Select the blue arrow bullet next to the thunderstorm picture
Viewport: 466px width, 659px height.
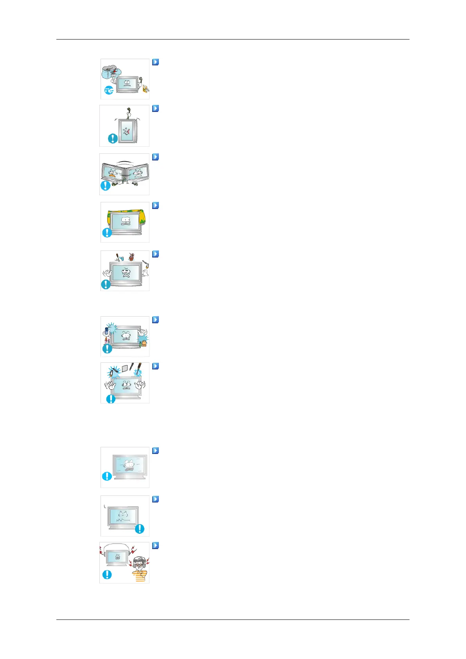(155, 62)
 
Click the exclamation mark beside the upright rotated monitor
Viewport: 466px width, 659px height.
(113, 138)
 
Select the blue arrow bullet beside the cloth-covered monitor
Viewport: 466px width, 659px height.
(155, 205)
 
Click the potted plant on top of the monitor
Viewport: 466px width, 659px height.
(131, 257)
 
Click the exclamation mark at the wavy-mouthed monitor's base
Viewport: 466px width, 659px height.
(139, 529)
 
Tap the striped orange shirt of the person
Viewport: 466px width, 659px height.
(140, 576)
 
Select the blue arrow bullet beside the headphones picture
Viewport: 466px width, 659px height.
(155, 545)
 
